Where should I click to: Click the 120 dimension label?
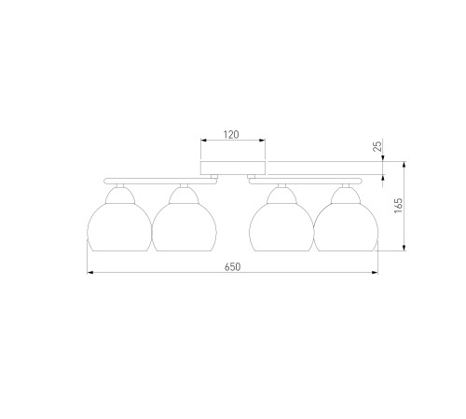coord(231,135)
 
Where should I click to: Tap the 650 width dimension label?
coord(233,267)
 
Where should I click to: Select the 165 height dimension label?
coord(398,206)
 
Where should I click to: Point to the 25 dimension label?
coord(377,146)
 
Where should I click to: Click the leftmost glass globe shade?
coord(119,227)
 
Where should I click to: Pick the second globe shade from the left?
coord(184,227)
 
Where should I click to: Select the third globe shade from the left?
coord(281,227)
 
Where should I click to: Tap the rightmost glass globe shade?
coord(346,227)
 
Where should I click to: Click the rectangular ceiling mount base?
coord(233,168)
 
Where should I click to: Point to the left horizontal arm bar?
coord(160,182)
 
